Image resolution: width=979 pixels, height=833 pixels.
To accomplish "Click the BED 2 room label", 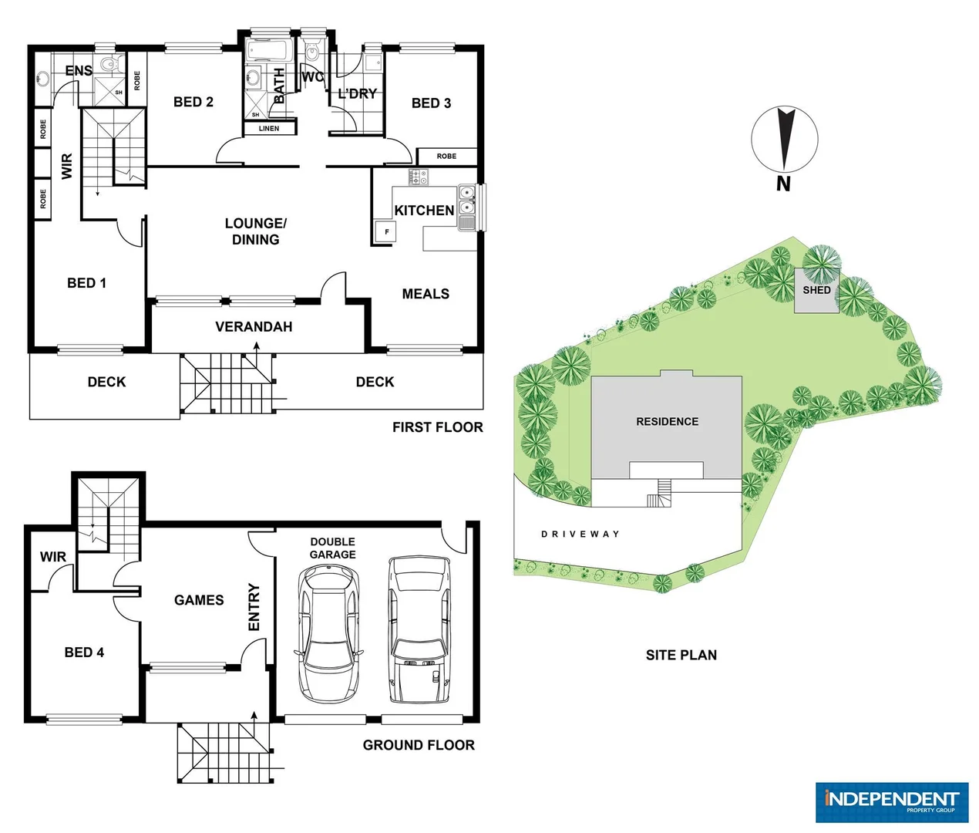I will click(193, 102).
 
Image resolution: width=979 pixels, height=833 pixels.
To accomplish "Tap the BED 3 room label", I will click(431, 103).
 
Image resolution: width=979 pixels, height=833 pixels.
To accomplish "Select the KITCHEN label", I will click(424, 211).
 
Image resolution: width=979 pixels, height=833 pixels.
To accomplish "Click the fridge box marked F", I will click(386, 231).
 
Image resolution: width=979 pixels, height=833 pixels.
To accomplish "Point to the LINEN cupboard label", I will click(269, 129).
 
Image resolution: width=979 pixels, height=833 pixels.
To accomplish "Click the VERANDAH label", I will click(254, 327).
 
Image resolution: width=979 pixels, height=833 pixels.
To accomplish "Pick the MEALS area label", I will click(426, 294).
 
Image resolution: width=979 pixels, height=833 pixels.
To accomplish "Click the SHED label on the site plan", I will click(816, 291).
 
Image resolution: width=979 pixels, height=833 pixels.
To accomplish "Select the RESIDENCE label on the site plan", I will click(667, 422).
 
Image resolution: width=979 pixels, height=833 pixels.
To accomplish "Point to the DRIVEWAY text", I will click(580, 534).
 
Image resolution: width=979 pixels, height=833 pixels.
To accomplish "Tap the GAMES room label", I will click(199, 600).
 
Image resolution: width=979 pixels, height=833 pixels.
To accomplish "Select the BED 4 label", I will click(84, 653).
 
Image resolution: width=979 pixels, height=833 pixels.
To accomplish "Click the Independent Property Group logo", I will click(891, 802).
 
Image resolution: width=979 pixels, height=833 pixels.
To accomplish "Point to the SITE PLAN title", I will click(681, 655).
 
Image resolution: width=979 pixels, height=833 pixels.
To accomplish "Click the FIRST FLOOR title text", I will click(437, 427).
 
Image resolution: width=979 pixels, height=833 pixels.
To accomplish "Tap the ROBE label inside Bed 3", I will click(446, 157).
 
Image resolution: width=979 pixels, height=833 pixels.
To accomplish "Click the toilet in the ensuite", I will click(108, 64).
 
